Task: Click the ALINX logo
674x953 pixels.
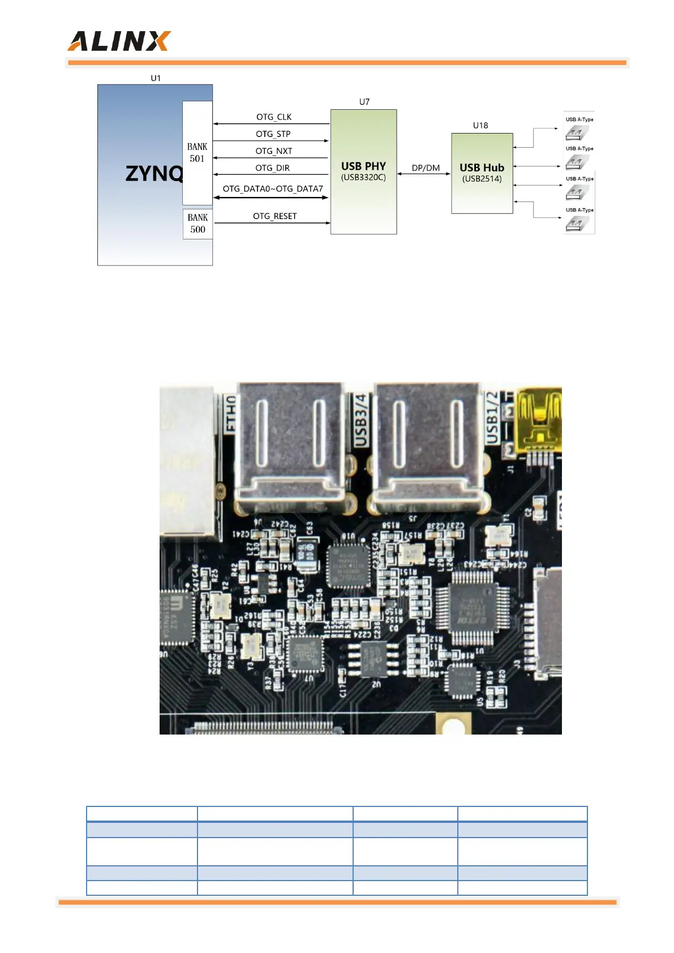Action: tap(119, 41)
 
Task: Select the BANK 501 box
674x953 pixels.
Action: tap(197, 153)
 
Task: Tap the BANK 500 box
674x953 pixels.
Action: tap(198, 224)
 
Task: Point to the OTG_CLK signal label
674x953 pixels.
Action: tap(274, 117)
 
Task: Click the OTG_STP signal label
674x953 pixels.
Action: tap(273, 134)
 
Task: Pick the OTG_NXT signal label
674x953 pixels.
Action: tap(273, 151)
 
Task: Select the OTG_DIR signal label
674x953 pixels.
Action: tap(272, 168)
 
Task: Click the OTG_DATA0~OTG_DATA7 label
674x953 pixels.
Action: tap(273, 189)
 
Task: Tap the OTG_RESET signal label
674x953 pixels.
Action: tap(274, 216)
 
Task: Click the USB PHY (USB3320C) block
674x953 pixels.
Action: tap(363, 171)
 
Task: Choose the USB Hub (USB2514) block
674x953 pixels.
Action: tap(482, 173)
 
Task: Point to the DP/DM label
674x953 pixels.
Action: tap(426, 168)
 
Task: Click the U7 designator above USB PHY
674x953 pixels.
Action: tap(364, 102)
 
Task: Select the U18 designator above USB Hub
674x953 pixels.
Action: tap(480, 126)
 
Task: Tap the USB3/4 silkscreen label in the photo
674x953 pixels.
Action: tap(360, 420)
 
